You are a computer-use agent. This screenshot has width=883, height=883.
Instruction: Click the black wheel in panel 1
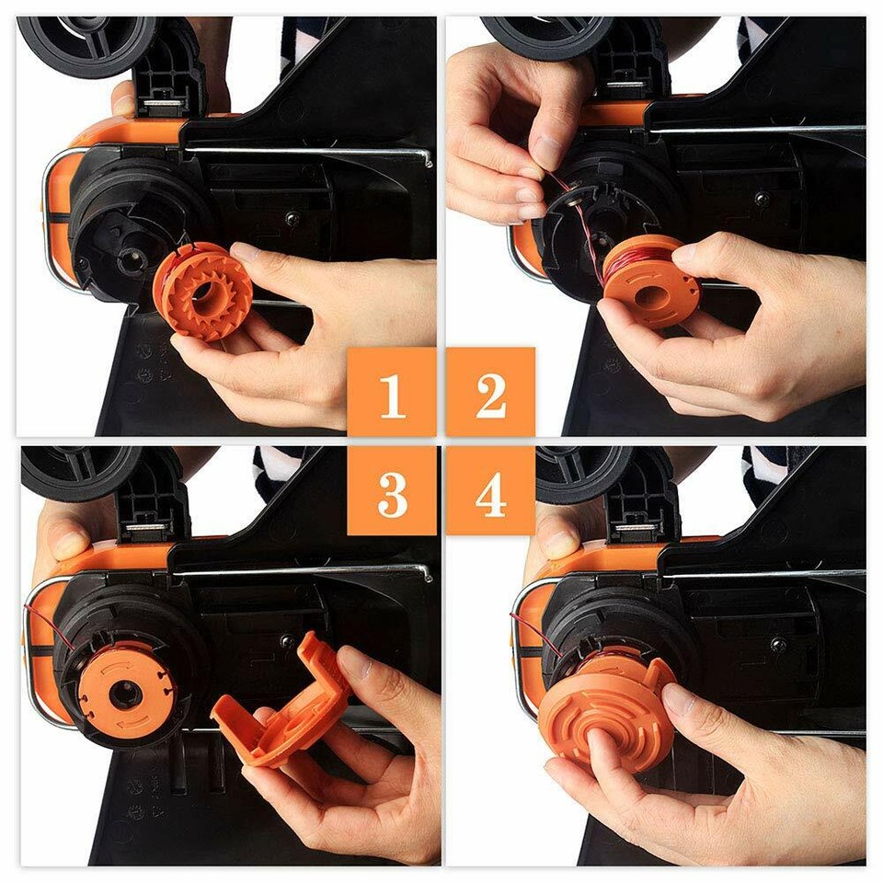[x=87, y=41]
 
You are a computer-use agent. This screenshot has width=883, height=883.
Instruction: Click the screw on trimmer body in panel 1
[x=292, y=219]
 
